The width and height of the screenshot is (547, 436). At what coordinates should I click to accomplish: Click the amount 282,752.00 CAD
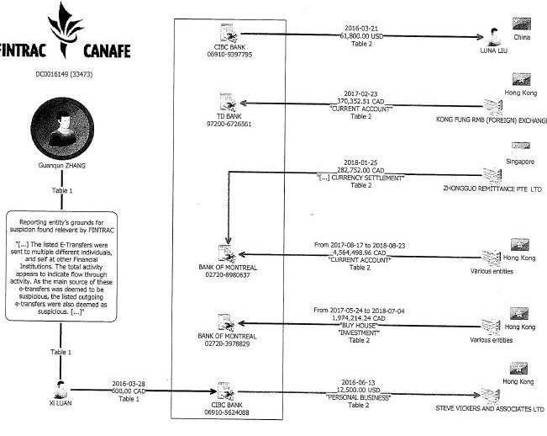pyautogui.click(x=359, y=168)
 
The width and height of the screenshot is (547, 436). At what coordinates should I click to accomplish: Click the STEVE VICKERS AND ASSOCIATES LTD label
pyautogui.click(x=491, y=410)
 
